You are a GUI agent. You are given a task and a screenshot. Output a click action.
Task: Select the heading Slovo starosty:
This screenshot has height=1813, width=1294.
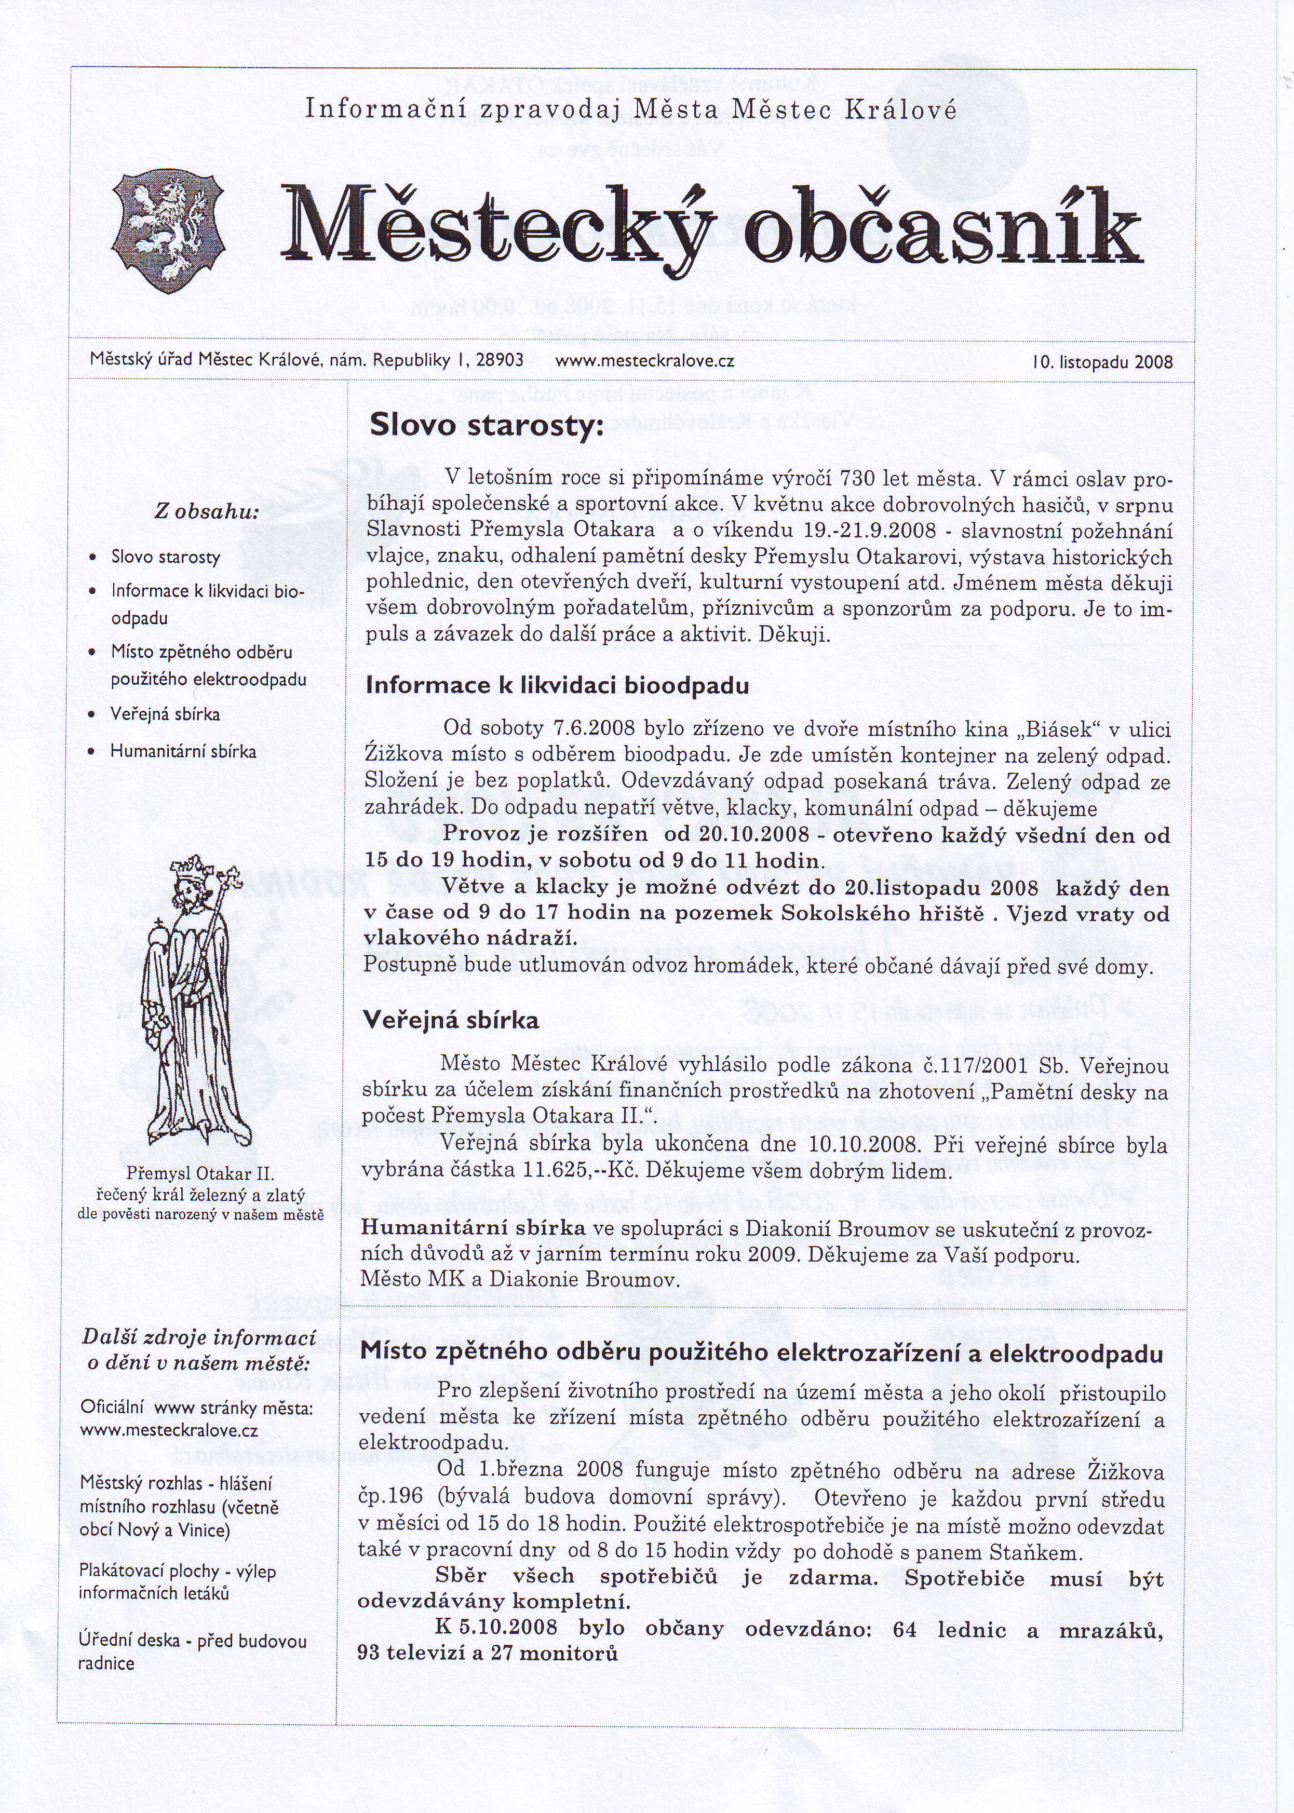tap(482, 427)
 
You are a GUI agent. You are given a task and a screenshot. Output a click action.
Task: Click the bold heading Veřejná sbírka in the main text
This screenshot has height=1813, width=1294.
tap(451, 1020)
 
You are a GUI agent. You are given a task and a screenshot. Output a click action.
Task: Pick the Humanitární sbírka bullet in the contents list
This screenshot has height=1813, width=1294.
tap(183, 751)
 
